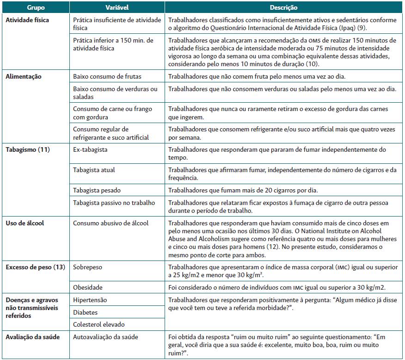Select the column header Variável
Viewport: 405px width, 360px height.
click(x=117, y=8)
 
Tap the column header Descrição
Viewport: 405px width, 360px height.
click(x=283, y=8)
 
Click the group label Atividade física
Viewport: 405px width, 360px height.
click(x=27, y=20)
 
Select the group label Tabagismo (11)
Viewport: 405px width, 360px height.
click(x=28, y=149)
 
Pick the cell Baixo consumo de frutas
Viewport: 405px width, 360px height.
click(x=107, y=76)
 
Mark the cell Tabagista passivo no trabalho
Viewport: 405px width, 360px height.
click(x=114, y=203)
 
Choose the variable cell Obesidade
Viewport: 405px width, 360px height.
click(x=88, y=287)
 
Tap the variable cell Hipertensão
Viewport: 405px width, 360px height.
click(x=90, y=300)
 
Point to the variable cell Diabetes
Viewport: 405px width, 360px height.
click(x=86, y=312)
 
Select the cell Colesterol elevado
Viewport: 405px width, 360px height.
click(x=99, y=325)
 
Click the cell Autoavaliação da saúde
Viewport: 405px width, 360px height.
click(x=105, y=337)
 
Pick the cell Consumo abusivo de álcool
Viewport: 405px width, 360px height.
click(x=111, y=223)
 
